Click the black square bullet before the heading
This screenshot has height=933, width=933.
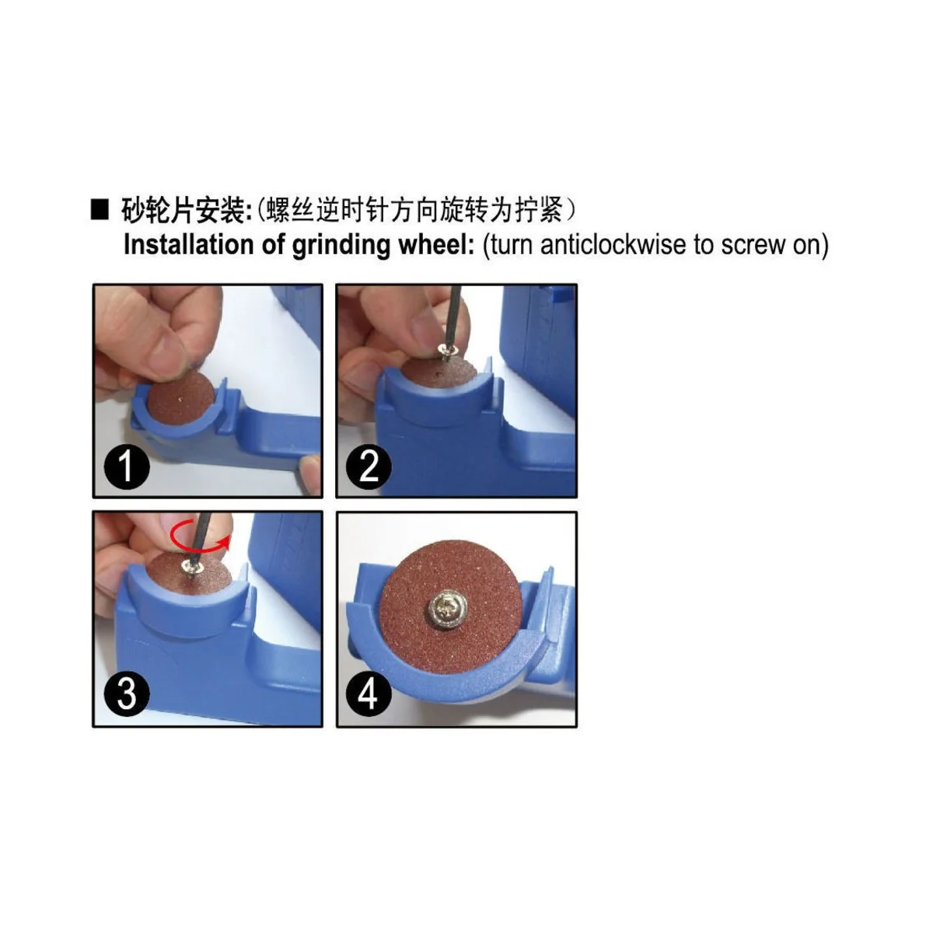pyautogui.click(x=100, y=210)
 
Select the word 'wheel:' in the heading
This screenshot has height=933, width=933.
pyautogui.click(x=435, y=244)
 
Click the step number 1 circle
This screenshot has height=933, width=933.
pyautogui.click(x=126, y=466)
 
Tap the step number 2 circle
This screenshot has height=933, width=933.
pyautogui.click(x=369, y=466)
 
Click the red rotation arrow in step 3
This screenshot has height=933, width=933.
pyautogui.click(x=201, y=536)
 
